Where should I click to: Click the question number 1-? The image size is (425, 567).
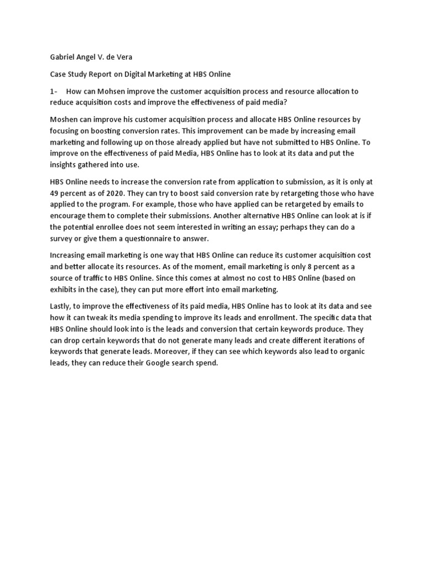[55, 91]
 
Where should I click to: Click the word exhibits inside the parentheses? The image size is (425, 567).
[66, 289]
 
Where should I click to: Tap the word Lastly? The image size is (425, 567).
[62, 306]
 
